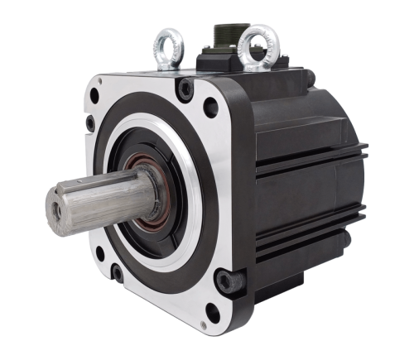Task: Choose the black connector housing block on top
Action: (240, 62)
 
